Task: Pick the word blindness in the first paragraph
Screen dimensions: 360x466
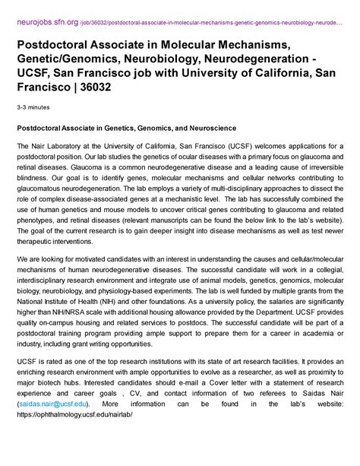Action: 35,172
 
